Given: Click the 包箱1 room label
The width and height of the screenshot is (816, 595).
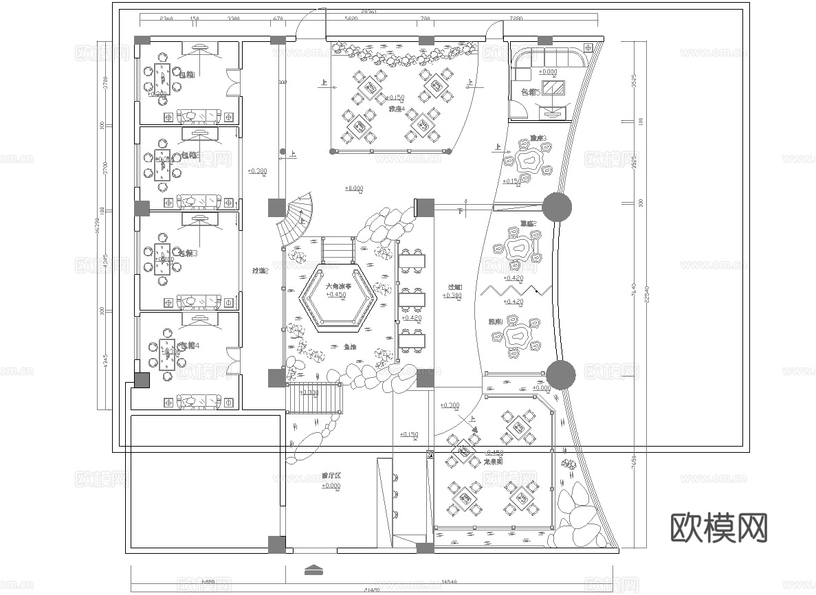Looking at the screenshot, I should click(x=186, y=74).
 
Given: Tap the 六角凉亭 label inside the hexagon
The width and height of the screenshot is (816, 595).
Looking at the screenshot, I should click(x=338, y=286).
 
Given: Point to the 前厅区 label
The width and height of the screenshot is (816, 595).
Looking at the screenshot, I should click(x=331, y=475).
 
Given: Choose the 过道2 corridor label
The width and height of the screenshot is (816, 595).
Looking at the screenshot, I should click(x=259, y=271).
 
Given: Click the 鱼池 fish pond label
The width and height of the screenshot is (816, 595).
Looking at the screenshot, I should click(x=350, y=347).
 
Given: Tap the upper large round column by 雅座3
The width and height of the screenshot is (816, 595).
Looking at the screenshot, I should click(x=557, y=207).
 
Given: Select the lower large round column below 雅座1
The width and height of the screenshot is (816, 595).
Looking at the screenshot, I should click(x=561, y=374).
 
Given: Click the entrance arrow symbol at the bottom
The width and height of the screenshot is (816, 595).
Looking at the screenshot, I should click(x=313, y=570).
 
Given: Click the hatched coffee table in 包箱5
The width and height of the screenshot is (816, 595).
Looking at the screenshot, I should click(x=553, y=87).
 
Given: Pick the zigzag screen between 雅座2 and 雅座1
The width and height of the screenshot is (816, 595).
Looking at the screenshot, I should click(x=517, y=290).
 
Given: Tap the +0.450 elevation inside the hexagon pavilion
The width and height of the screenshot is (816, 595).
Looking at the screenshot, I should click(x=336, y=295).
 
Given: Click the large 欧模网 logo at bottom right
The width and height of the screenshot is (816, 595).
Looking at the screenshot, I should click(x=718, y=528).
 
